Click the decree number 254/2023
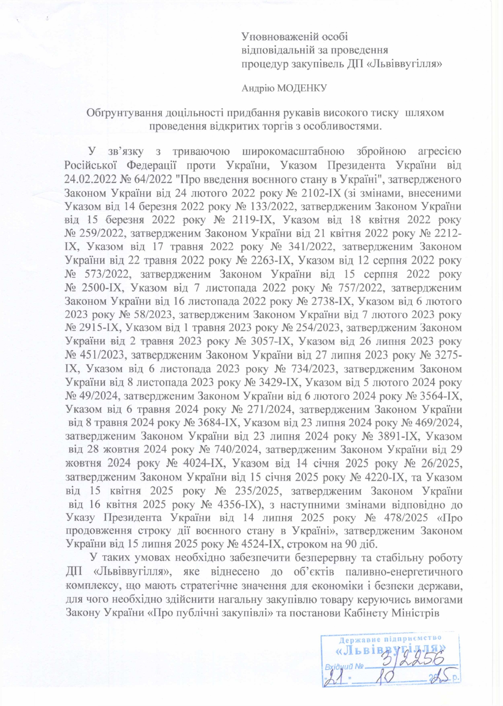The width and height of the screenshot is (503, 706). point(316,327)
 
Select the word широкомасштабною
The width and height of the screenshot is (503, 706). point(293,151)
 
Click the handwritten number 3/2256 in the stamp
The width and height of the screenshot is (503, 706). point(413,659)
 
